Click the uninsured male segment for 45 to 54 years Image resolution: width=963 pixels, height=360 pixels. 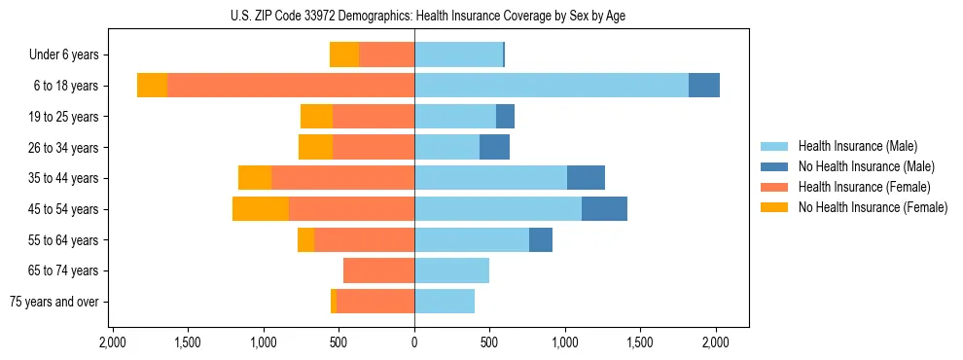(604, 209)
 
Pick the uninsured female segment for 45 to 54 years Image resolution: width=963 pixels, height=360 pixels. (261, 209)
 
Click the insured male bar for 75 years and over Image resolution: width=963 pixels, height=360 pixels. (445, 302)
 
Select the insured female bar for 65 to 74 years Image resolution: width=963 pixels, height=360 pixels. (379, 270)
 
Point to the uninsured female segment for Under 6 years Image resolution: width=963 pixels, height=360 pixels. (344, 54)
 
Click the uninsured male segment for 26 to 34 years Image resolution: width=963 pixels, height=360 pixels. (494, 147)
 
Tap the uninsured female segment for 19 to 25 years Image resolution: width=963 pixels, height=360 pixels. (316, 117)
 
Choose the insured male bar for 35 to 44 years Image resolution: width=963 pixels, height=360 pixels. (491, 178)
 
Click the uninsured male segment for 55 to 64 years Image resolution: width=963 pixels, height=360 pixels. (541, 240)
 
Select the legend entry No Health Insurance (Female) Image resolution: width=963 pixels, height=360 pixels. (873, 207)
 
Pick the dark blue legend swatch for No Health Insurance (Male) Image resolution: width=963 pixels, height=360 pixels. (774, 166)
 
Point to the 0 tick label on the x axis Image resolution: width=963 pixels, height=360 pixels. (414, 342)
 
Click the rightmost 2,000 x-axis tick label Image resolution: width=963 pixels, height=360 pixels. (716, 342)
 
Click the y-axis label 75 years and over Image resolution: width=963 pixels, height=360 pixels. (54, 302)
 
